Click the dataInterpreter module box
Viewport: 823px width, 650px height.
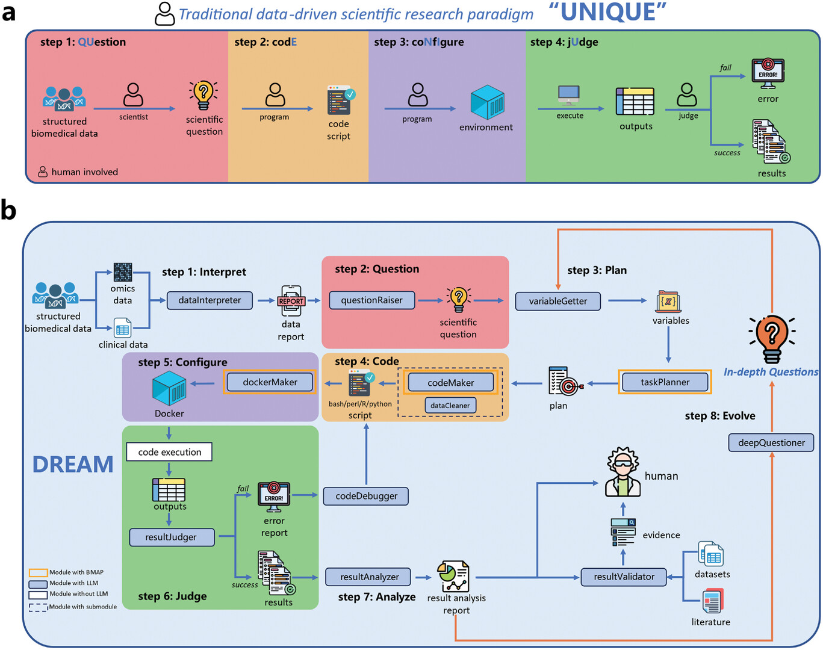coord(210,300)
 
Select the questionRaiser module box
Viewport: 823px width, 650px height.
coord(371,300)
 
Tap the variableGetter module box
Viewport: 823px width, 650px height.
coord(557,301)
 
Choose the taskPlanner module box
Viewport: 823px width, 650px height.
coord(665,382)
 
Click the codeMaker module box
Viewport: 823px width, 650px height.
coord(450,383)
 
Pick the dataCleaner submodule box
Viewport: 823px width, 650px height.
coord(450,406)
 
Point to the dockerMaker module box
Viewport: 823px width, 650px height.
coord(270,382)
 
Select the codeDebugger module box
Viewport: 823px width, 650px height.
coord(366,496)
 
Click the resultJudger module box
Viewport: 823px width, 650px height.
coord(171,537)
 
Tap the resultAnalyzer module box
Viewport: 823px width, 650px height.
coord(369,577)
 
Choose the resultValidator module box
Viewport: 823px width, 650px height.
coord(624,577)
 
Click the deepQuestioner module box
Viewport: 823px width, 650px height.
coord(771,443)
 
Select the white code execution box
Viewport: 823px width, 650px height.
coord(169,452)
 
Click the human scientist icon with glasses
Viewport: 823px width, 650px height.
coord(623,472)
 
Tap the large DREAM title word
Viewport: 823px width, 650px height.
coord(73,465)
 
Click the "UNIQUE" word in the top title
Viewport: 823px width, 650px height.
coord(608,13)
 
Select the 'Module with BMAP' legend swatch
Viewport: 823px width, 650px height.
coord(39,572)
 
